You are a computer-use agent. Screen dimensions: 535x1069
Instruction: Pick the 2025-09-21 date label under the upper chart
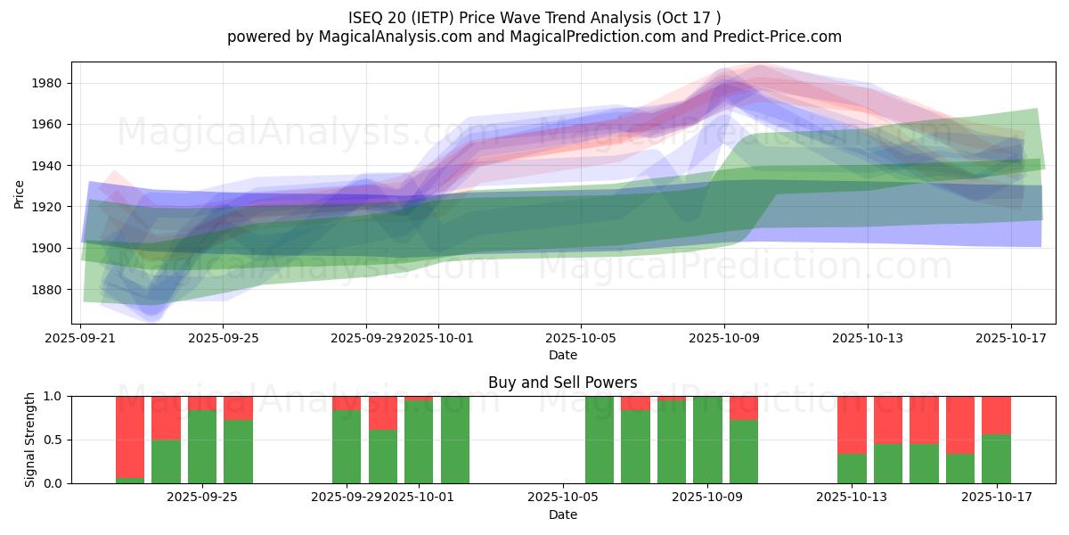point(81,338)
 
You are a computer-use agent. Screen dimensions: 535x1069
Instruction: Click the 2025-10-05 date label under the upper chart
point(581,338)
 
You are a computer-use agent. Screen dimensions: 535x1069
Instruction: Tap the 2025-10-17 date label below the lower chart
point(996,497)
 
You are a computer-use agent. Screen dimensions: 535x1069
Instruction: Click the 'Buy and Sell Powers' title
point(562,383)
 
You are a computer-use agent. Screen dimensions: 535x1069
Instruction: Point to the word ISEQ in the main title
point(366,17)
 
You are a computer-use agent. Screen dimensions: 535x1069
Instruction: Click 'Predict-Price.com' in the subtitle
point(780,37)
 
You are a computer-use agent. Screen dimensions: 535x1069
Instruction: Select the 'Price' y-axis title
point(20,193)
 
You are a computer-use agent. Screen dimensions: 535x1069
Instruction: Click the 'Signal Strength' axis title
point(30,440)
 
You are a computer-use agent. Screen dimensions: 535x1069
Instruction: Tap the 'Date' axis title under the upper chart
point(562,355)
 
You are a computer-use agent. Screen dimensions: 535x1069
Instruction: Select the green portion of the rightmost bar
point(996,459)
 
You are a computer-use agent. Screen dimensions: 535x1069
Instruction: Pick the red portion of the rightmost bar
point(996,415)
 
